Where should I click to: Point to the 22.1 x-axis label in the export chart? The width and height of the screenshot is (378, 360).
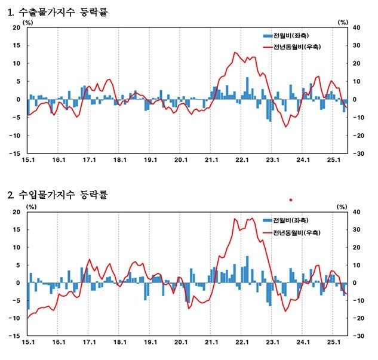241,160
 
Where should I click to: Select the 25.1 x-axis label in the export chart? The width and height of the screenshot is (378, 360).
333,160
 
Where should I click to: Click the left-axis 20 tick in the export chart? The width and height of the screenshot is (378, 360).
16,27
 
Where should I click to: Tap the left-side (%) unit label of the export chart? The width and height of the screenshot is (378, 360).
29,21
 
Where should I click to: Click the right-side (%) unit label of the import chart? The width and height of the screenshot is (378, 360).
342,206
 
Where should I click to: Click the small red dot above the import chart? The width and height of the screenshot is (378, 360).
291,199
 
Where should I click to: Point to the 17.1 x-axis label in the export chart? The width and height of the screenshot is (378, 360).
88,160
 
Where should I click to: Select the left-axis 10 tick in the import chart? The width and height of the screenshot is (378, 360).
16,247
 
